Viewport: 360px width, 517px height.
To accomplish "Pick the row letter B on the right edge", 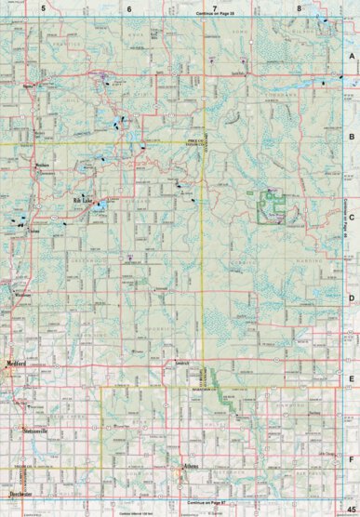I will tap(352, 136).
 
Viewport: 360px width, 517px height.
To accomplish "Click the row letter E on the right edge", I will tap(352, 378).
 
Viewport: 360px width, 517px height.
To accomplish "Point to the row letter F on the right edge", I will tap(352, 458).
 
